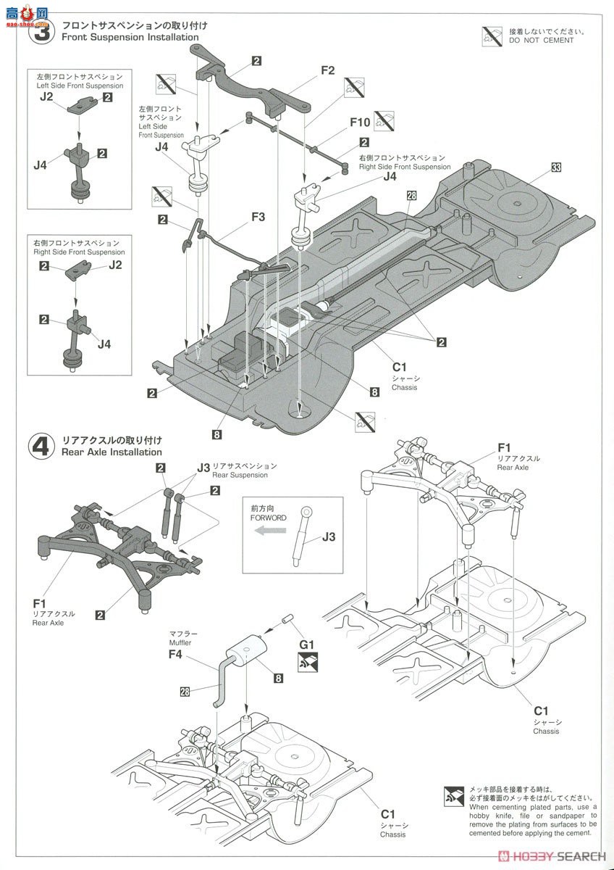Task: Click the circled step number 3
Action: (x=41, y=31)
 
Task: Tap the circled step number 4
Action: (x=41, y=446)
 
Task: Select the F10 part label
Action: (x=360, y=123)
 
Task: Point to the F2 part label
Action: (x=327, y=70)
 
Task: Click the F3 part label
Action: (x=258, y=216)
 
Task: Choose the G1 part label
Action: (x=306, y=642)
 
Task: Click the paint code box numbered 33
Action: (x=556, y=167)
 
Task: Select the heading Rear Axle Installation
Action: (x=112, y=452)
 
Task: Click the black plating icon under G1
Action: (x=306, y=659)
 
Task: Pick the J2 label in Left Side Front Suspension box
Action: (x=47, y=96)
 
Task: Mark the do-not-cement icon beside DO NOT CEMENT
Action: (x=492, y=36)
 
